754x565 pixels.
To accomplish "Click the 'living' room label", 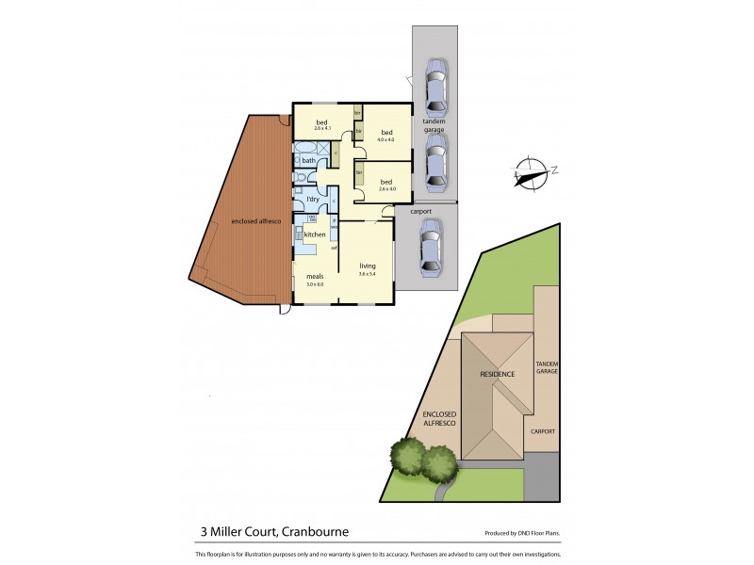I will point(367,266).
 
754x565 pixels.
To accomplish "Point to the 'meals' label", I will point(314,277).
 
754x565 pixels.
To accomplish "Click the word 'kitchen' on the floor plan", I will point(315,234).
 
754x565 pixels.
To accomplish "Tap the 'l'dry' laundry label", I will point(311,200).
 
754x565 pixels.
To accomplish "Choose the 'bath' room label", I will point(308,161).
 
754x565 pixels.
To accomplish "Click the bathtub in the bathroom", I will point(306,149).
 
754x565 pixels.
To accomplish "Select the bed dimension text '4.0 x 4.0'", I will point(385,139).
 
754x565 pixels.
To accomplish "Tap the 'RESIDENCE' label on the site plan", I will point(497,374).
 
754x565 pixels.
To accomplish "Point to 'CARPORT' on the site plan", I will point(543,431).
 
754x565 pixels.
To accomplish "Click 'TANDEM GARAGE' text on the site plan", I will point(547,367).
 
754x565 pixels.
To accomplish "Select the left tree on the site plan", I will point(407,459).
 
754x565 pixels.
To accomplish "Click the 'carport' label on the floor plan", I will point(420,211).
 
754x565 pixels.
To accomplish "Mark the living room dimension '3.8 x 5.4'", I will point(367,274).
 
